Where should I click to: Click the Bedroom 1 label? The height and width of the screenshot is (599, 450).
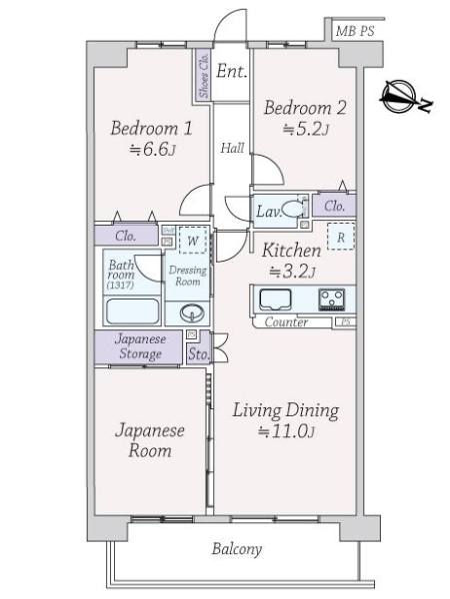coord(151,129)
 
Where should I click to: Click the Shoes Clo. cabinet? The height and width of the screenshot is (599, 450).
coord(203,76)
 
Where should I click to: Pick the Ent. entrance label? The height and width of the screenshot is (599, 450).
coord(232,71)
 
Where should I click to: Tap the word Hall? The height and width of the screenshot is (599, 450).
coord(232,148)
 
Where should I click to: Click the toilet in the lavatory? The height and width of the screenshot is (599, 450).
coord(292,210)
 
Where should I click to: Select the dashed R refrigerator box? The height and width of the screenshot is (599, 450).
coord(341,238)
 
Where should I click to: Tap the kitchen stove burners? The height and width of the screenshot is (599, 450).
coord(331,299)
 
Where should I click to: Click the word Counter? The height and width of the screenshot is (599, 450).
coord(286,322)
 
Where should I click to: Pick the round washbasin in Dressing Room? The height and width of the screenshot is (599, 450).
coord(190,313)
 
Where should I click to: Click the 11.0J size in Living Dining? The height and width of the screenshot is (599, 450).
coord(286,431)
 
